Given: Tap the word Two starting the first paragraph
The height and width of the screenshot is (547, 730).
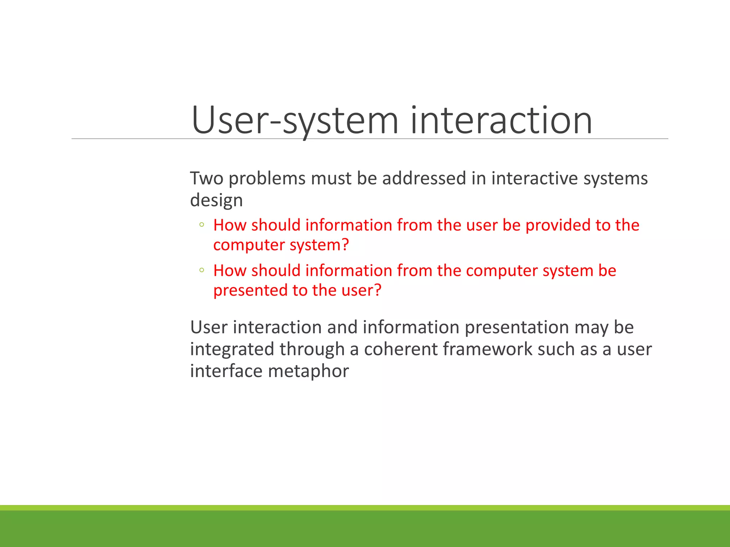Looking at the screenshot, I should coord(206,178).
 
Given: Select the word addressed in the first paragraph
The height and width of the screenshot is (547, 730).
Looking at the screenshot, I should coord(424,178).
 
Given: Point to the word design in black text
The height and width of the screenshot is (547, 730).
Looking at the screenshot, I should coord(216,200).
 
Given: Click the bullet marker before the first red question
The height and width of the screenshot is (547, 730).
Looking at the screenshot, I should coord(202,225).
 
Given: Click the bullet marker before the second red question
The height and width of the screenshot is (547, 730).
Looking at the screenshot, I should coord(202,270).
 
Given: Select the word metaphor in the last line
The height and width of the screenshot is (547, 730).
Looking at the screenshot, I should coord(308,371).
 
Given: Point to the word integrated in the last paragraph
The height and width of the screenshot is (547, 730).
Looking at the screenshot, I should coord(232,349).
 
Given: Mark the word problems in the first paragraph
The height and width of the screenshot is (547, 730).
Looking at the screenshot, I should coord(267,178).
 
